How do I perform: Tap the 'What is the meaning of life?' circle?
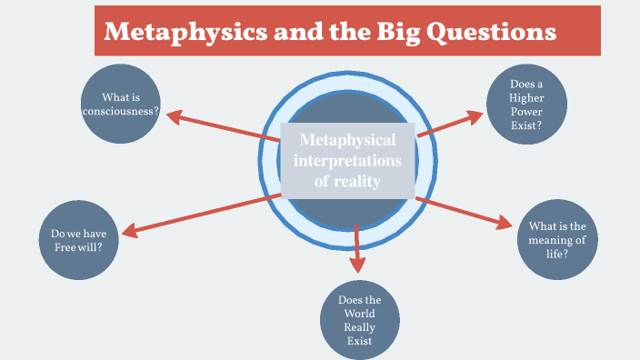point(557,240)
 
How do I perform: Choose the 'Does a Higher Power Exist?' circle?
point(526,105)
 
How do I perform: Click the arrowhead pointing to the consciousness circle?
point(175,116)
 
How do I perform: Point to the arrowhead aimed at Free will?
point(130,231)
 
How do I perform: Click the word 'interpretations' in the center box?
point(348,161)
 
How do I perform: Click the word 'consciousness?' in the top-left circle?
point(120,113)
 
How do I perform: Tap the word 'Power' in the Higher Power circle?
point(526,112)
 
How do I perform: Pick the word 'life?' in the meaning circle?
point(557,254)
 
